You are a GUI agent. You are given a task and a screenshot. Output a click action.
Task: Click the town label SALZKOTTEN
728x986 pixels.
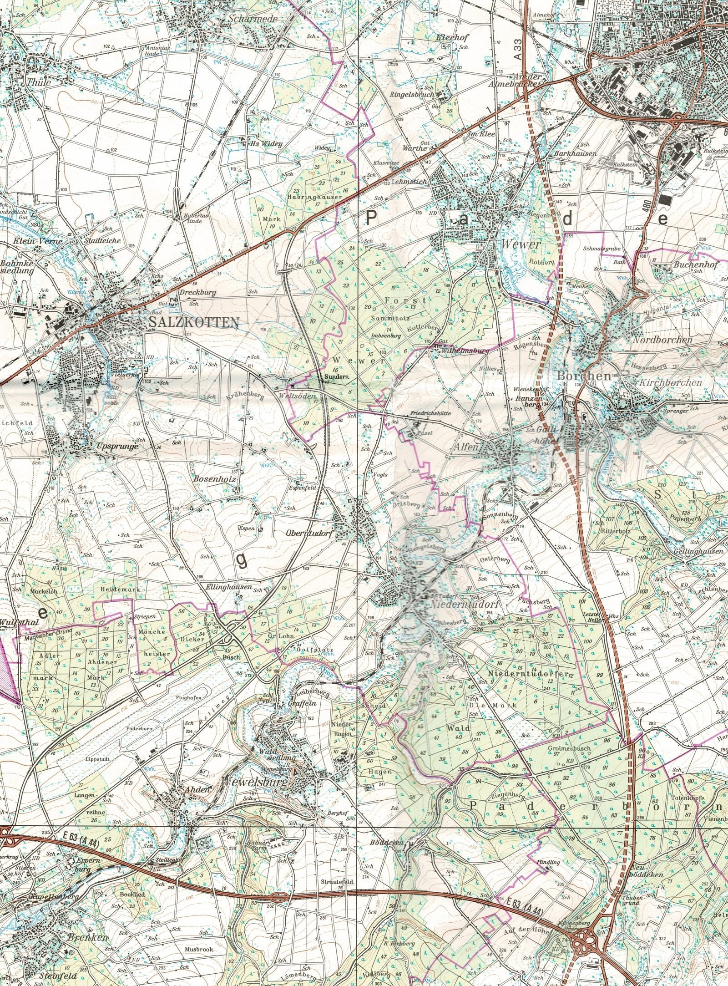(x=193, y=323)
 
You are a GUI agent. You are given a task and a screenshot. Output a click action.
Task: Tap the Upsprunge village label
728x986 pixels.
(x=117, y=447)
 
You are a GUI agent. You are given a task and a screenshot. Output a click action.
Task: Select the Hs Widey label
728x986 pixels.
(x=267, y=144)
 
